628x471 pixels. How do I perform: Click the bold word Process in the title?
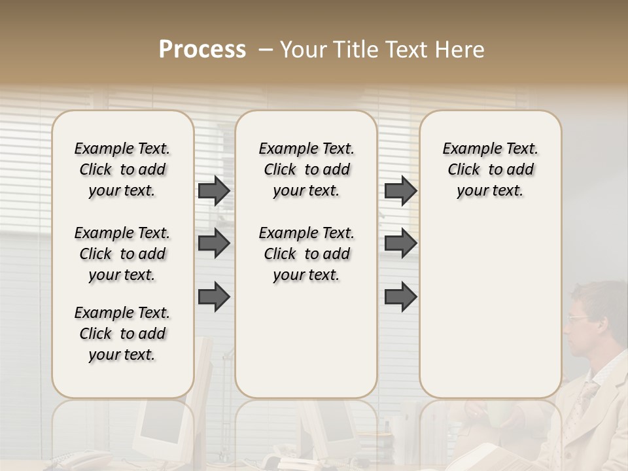coord(202,50)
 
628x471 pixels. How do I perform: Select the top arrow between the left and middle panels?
coord(214,190)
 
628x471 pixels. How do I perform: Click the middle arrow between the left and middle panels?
coord(214,243)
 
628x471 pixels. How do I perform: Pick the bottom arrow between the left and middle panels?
coord(214,296)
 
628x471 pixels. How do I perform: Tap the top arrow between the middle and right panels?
coord(400,190)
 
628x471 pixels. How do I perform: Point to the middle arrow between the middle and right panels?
coord(400,243)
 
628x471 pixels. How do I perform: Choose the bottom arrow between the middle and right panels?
coord(400,296)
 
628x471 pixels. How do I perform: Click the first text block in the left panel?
coord(122,169)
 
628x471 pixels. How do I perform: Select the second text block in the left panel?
coord(122,254)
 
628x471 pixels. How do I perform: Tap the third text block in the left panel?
coord(122,334)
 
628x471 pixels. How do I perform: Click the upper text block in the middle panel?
coord(306,169)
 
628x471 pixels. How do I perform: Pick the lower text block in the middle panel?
coord(306,254)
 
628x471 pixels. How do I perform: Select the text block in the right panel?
coord(490,169)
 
